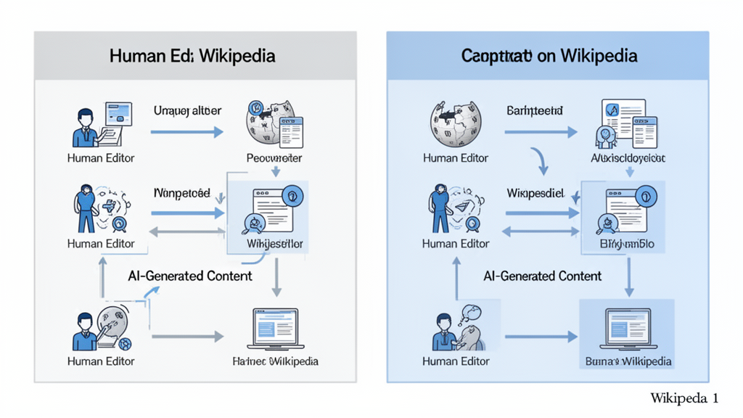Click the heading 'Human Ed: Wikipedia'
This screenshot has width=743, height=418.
tap(192, 56)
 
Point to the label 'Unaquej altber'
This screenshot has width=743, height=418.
tap(187, 111)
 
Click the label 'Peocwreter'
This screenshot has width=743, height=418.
tap(274, 157)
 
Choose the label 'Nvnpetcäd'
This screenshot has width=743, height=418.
tap(182, 194)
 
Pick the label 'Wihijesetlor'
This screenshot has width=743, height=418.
tap(274, 244)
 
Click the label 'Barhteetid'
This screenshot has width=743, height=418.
tap(535, 111)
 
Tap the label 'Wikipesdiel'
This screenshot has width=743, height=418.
tap(535, 194)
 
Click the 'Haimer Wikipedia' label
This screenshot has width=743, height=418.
tap(275, 361)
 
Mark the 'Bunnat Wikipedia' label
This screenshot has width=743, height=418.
tap(628, 361)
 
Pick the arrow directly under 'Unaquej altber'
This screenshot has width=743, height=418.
tap(187, 132)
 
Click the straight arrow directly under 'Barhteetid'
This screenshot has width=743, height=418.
tap(541, 132)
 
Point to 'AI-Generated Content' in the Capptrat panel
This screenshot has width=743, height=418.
tap(543, 276)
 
